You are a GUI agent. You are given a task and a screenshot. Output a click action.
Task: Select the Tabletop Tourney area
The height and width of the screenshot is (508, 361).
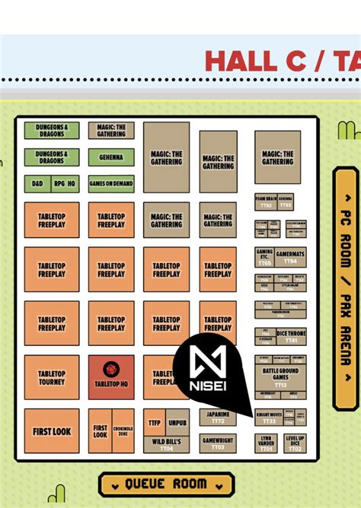(x=52, y=377)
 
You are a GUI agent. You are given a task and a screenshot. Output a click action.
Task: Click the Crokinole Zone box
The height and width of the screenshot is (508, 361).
(x=123, y=431)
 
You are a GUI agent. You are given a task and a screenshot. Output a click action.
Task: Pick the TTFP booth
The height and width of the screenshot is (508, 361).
(x=155, y=422)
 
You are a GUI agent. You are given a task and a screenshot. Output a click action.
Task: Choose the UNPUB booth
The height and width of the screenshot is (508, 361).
(x=177, y=422)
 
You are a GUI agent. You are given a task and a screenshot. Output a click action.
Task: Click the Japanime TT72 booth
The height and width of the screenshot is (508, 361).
(x=218, y=418)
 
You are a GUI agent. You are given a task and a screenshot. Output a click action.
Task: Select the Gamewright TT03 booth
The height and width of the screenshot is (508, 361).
(x=218, y=443)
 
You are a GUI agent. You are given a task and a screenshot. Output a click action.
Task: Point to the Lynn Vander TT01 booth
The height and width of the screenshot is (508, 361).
(x=266, y=443)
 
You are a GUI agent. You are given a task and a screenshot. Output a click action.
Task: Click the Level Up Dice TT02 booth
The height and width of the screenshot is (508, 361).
(x=296, y=443)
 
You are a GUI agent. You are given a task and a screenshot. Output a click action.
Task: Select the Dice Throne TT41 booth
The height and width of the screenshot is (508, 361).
(x=292, y=336)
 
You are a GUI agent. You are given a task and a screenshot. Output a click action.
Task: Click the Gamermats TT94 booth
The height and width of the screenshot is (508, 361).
(x=290, y=256)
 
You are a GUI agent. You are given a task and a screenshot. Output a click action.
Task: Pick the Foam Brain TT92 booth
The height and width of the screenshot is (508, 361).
(x=266, y=202)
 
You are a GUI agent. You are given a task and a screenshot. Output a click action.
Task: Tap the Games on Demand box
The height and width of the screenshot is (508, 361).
(x=111, y=184)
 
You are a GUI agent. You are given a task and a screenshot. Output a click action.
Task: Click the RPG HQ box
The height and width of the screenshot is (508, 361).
(x=65, y=184)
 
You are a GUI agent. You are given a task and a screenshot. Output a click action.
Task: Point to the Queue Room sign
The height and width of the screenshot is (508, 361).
(x=166, y=484)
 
